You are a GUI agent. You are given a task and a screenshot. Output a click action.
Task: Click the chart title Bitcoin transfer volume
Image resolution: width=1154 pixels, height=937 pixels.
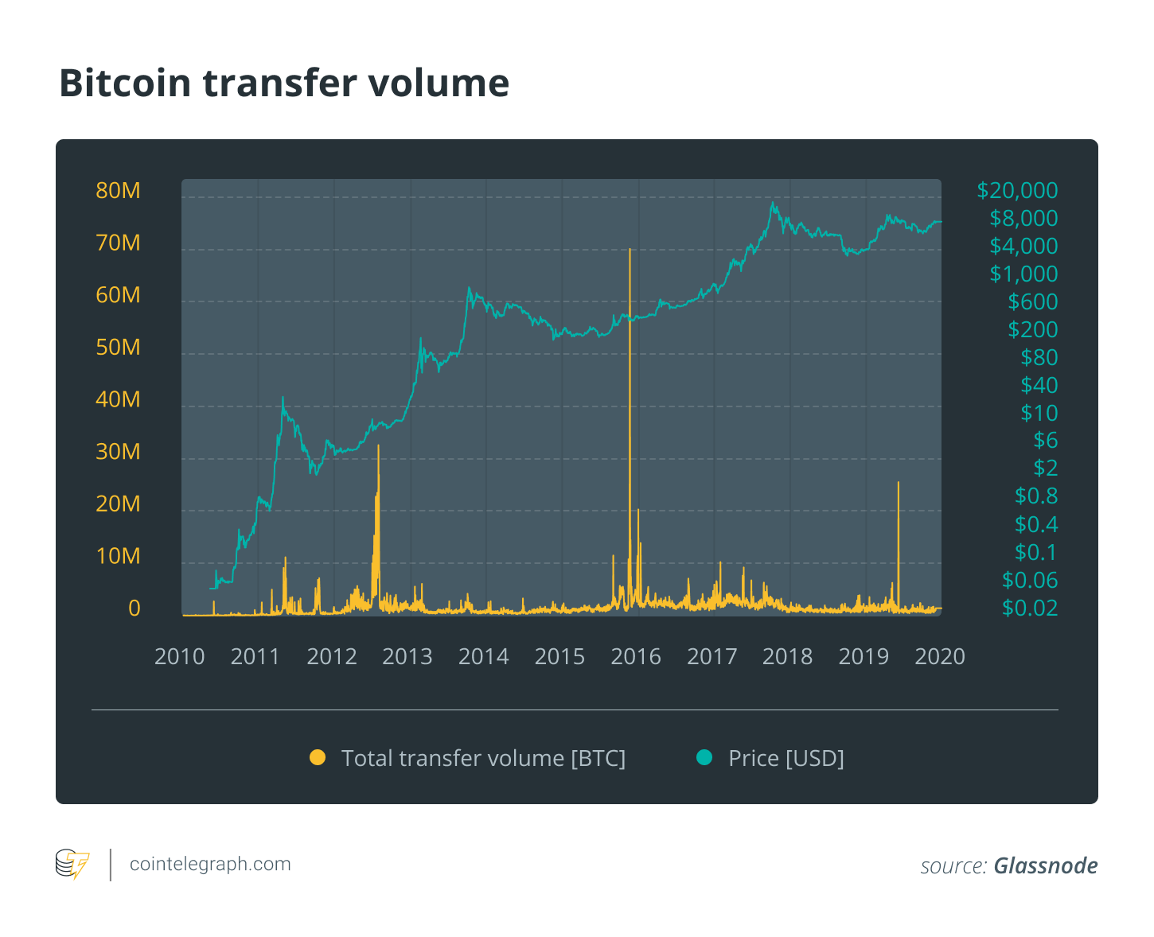(x=284, y=84)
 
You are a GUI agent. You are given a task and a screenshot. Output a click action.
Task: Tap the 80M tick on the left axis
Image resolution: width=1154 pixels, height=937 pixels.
(x=118, y=191)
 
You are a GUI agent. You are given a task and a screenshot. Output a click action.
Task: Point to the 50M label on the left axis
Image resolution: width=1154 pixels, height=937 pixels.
(x=118, y=348)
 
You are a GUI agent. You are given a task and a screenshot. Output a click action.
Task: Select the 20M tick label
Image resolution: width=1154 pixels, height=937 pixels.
(x=118, y=503)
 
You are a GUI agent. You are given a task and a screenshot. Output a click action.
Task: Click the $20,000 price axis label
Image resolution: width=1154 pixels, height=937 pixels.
(x=1017, y=191)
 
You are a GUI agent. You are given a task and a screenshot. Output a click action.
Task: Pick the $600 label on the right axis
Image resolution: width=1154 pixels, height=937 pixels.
(x=1032, y=302)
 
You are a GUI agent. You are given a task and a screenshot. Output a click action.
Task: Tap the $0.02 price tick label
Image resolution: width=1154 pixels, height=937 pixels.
(x=1029, y=608)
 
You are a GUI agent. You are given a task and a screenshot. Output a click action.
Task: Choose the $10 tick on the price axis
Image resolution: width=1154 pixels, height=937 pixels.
(x=1039, y=413)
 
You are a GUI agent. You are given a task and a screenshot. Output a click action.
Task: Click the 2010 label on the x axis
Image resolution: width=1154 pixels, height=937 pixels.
(x=179, y=657)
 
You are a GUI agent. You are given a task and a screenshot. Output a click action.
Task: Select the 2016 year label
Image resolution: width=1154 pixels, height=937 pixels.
(x=636, y=657)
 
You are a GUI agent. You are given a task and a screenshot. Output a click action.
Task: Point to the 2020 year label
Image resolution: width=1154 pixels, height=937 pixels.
(x=940, y=657)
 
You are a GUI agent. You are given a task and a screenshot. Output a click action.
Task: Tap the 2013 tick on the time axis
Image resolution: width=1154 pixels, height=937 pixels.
(x=407, y=657)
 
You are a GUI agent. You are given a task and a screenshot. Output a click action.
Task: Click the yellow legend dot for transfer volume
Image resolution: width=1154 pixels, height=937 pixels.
(x=318, y=758)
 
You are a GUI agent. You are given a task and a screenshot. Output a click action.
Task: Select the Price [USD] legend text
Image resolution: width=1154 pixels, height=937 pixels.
(x=786, y=758)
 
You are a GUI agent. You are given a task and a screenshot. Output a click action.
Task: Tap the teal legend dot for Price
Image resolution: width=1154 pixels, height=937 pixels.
(x=704, y=758)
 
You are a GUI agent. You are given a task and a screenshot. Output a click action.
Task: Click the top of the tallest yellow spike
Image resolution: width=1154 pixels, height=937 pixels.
(x=630, y=250)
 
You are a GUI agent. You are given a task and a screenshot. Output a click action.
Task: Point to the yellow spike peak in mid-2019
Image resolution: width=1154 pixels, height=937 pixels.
(x=899, y=483)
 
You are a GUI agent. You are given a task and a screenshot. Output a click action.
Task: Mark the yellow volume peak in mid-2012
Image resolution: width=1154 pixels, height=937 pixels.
(x=378, y=446)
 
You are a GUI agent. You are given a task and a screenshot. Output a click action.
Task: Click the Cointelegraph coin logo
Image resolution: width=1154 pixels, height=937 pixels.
(x=72, y=865)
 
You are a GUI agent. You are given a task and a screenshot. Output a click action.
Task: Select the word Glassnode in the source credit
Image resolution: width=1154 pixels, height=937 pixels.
(x=1045, y=865)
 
